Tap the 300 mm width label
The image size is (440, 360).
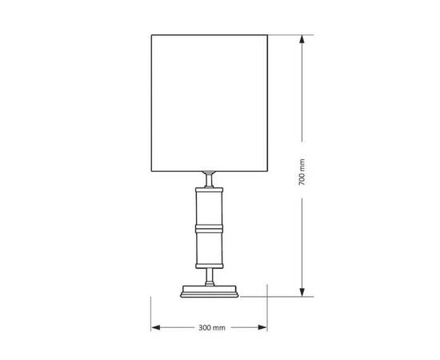(x=209, y=328)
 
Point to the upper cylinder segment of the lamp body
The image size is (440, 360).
(x=209, y=209)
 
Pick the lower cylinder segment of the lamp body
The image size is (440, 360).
(x=209, y=248)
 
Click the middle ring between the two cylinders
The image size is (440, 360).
(x=209, y=228)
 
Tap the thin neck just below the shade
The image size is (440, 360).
(x=209, y=180)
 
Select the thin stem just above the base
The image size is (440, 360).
(x=209, y=276)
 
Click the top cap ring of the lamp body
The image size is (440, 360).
(x=209, y=189)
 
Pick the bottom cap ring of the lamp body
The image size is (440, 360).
(x=209, y=267)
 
